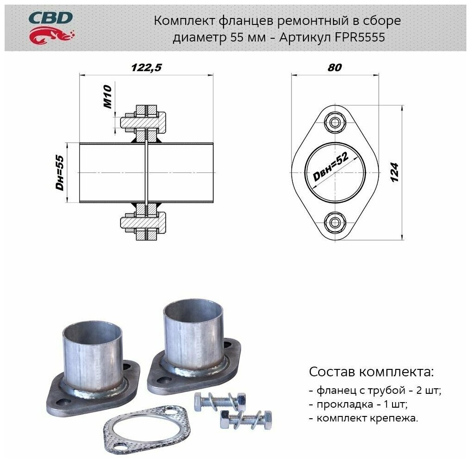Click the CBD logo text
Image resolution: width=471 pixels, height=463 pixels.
click(x=50, y=18)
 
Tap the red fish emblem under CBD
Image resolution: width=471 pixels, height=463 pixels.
click(x=52, y=35)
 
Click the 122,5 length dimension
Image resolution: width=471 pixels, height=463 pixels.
click(x=146, y=67)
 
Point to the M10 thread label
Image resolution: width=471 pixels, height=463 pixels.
click(x=108, y=96)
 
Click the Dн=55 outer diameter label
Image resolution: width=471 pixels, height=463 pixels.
click(x=60, y=172)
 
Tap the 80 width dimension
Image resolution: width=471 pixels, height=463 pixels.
click(x=335, y=67)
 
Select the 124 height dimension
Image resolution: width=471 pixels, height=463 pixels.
click(x=394, y=172)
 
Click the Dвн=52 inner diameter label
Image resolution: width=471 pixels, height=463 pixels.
click(x=331, y=167)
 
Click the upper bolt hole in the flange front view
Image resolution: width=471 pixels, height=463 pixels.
click(x=335, y=122)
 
